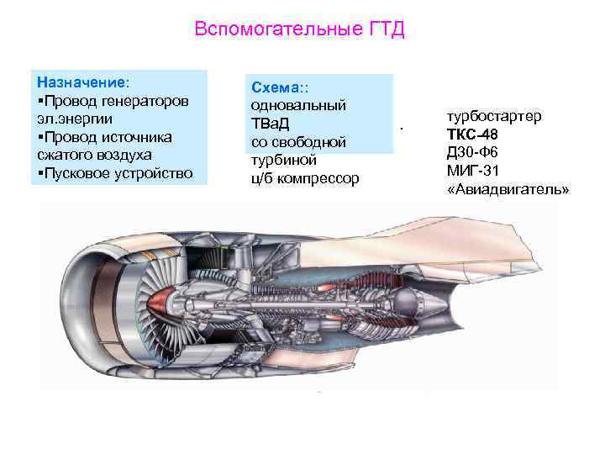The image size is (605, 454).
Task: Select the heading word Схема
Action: point(274,87)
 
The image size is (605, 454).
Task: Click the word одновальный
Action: point(298,105)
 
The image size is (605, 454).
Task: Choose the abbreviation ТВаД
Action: point(271,124)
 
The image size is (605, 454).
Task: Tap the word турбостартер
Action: point(493,115)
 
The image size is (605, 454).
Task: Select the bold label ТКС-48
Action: point(476,134)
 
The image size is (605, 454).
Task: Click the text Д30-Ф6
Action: point(475,152)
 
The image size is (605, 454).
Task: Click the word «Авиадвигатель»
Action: point(508,189)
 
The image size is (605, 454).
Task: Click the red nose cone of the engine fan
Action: point(160,300)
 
